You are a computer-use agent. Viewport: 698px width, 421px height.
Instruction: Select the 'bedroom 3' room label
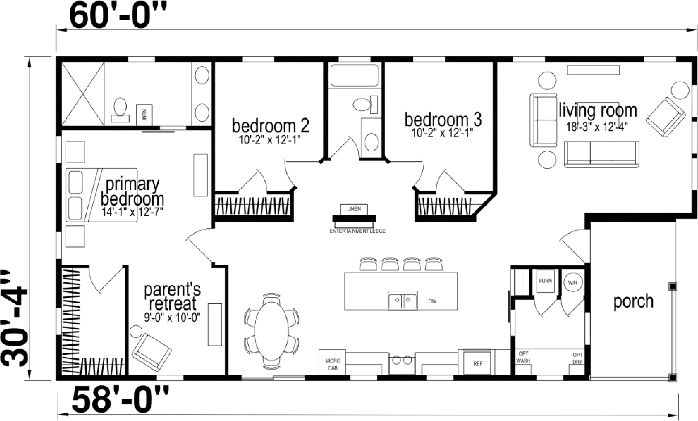443,119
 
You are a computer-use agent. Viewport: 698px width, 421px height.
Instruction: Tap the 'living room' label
598,110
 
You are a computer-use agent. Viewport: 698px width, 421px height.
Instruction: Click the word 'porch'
634,302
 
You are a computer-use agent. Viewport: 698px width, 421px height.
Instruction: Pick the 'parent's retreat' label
172,296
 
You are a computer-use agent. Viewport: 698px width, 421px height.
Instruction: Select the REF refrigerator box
478,364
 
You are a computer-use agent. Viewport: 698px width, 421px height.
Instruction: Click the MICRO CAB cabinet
332,362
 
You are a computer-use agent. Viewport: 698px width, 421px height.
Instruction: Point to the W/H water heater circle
572,283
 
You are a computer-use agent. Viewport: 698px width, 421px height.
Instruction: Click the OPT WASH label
523,357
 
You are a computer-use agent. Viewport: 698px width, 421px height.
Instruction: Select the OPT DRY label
578,358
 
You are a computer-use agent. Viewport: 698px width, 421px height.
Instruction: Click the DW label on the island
432,302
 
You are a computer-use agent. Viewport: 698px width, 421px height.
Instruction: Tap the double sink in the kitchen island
403,301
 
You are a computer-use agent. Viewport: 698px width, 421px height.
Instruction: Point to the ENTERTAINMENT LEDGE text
358,231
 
